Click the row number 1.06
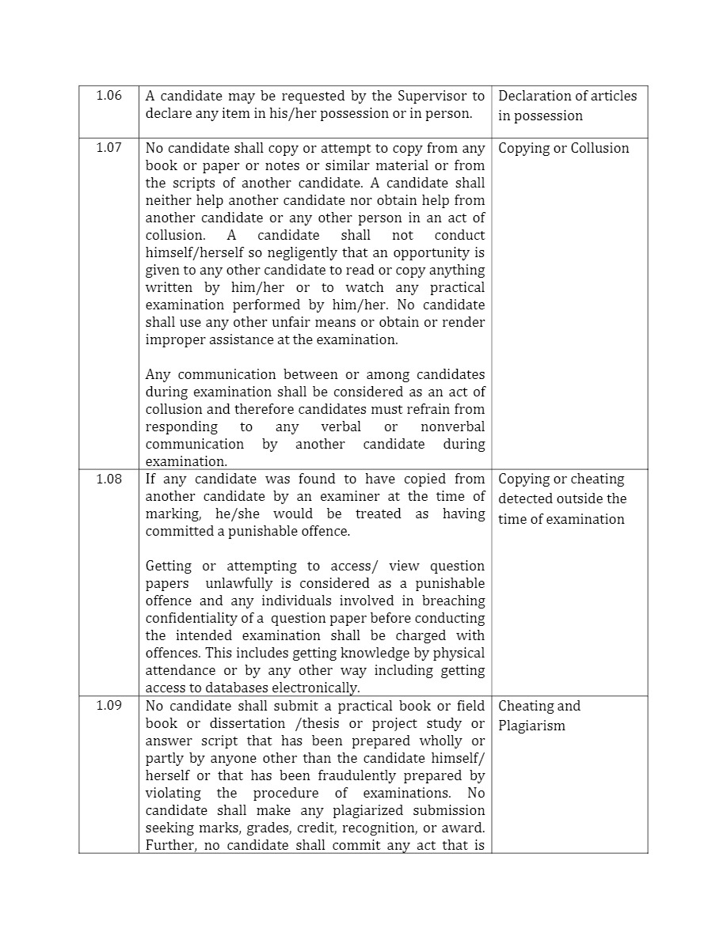[x=108, y=96]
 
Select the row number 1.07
[x=108, y=148]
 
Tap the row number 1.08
[x=108, y=479]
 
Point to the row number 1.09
[x=108, y=706]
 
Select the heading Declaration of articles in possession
[x=567, y=106]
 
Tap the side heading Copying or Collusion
[x=563, y=148]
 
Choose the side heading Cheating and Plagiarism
[x=539, y=716]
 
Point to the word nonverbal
[x=452, y=426]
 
